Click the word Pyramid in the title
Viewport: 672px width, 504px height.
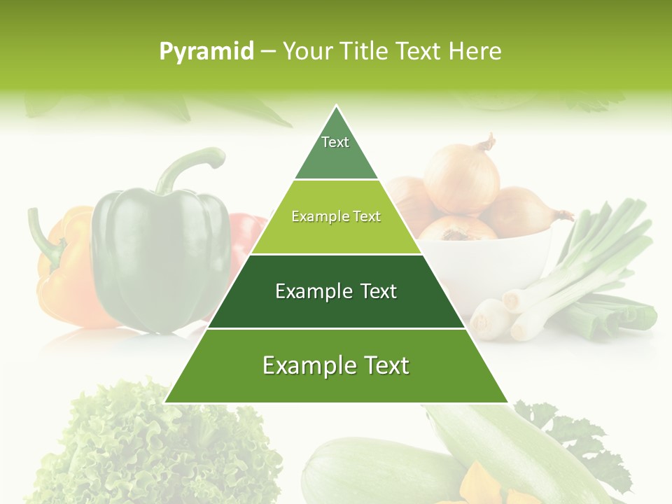pyautogui.click(x=206, y=52)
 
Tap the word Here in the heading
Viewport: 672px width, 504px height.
pyautogui.click(x=475, y=51)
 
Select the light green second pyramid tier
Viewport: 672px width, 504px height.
pyautogui.click(x=336, y=217)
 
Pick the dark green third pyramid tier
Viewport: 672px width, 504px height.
pyautogui.click(x=336, y=291)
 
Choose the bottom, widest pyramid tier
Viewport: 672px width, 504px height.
pyautogui.click(x=336, y=365)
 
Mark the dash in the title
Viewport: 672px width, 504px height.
pyautogui.click(x=268, y=52)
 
